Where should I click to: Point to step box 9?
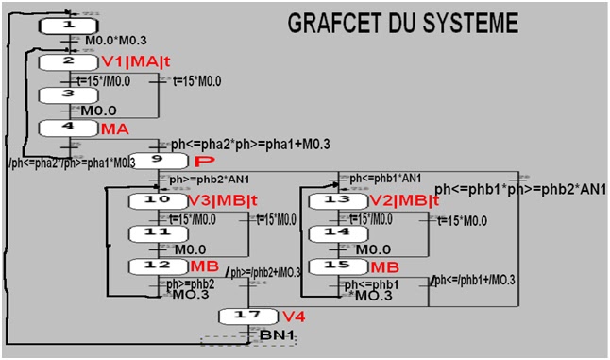[x=159, y=161]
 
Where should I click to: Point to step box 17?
[x=248, y=315]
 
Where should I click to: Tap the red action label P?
[x=199, y=162]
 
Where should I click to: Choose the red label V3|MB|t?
[x=223, y=200]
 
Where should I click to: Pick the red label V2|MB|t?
[x=405, y=200]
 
